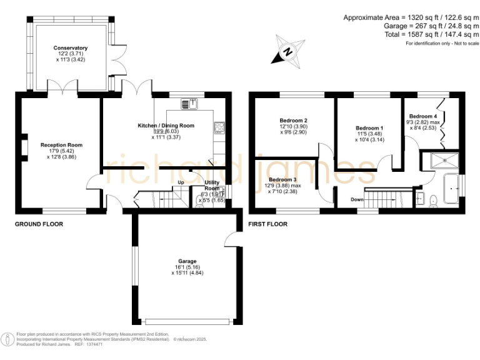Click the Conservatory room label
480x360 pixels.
tap(70, 48)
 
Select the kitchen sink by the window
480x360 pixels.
tap(189, 103)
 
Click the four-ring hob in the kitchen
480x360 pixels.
tap(219, 127)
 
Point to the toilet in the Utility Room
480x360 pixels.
tap(199, 200)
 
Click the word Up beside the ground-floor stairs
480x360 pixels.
tap(181, 182)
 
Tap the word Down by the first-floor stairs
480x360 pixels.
tap(357, 200)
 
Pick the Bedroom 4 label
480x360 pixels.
tap(423, 116)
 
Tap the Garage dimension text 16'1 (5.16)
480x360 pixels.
tap(187, 267)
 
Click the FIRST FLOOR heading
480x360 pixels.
tap(267, 224)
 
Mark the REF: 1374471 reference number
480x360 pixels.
tap(90, 344)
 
